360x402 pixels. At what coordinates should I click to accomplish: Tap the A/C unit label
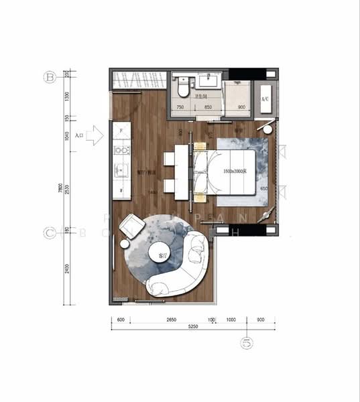point(265,98)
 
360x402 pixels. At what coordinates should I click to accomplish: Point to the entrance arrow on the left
point(95,135)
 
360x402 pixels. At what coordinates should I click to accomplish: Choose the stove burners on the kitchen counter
point(122,149)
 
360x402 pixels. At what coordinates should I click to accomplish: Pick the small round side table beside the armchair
point(125,244)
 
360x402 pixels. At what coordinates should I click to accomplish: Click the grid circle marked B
point(48,77)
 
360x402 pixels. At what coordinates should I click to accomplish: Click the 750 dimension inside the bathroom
point(180,107)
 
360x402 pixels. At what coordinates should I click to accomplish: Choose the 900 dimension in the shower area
point(241,107)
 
